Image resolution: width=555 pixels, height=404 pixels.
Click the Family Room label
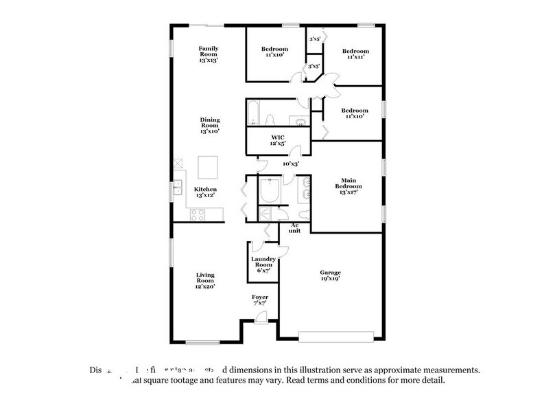pyautogui.click(x=209, y=54)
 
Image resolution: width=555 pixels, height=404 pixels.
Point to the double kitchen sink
pyautogui.click(x=177, y=186)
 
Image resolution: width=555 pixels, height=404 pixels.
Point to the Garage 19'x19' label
pyautogui.click(x=330, y=275)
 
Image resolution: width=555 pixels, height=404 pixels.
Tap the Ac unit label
pyautogui.click(x=295, y=228)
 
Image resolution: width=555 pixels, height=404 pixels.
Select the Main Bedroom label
pyautogui.click(x=345, y=186)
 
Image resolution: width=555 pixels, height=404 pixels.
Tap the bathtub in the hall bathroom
pyautogui.click(x=254, y=112)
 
